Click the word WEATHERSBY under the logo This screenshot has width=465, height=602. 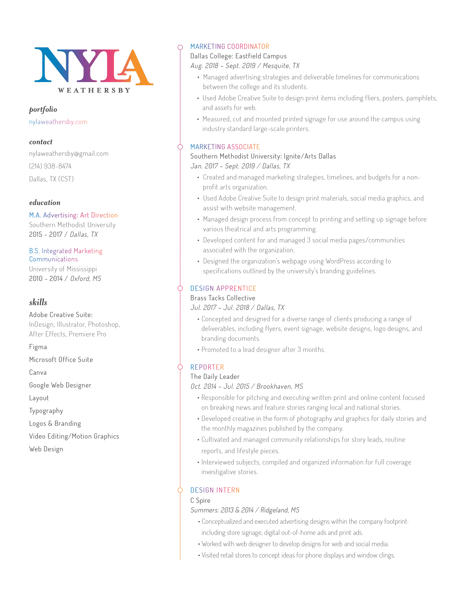pos(94,90)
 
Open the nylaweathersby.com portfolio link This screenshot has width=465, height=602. pos(58,122)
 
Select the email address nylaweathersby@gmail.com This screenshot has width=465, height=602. pos(69,154)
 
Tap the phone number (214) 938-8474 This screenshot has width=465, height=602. pos(50,166)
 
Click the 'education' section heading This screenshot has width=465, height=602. pos(45,203)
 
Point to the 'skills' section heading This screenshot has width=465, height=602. pos(38,302)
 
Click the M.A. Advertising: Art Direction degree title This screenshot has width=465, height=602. pos(73,215)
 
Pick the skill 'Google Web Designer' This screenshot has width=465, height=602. pos(60,385)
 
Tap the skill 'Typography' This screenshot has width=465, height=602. pos(46,411)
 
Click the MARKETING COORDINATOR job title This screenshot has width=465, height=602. pos(230,47)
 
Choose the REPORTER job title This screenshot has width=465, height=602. pos(207,367)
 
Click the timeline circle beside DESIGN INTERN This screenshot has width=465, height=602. pos(180,490)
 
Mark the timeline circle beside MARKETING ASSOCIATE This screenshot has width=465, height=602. pos(180,147)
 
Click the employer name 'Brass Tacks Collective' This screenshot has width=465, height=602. pos(223,298)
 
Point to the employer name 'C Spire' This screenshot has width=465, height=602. pos(200,500)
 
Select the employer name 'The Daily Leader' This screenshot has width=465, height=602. pos(215,376)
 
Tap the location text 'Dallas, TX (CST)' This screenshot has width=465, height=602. pos(51,179)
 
